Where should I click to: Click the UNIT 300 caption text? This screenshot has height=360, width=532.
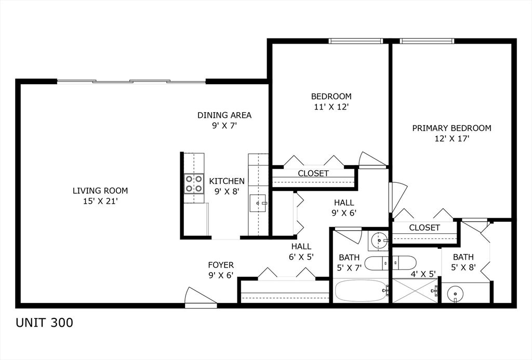coord(45,323)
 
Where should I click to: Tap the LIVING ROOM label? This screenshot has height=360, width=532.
coord(100,191)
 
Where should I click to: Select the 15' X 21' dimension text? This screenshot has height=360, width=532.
coord(100,201)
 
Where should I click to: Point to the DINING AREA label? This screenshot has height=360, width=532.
coord(224,115)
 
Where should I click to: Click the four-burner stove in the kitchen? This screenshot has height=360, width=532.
coord(194,183)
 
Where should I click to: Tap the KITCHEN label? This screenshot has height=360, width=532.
coord(227,181)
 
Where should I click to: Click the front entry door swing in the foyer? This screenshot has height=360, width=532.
coord(201,298)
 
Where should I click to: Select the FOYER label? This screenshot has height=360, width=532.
coord(221,265)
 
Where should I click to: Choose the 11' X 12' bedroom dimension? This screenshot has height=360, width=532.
coord(331,107)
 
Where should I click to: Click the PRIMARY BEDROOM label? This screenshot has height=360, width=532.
coord(451,128)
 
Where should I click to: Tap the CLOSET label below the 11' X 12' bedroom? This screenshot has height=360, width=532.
coord(313,174)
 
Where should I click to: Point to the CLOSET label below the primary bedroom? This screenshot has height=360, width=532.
coord(424,228)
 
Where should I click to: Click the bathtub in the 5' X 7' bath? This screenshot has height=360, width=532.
coord(362,291)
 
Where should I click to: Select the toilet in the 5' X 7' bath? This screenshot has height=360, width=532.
coord(390,263)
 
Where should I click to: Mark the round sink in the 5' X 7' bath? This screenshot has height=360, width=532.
coord(378,241)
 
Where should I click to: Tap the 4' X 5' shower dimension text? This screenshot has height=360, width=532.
coord(423,274)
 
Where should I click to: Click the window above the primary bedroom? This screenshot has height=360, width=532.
coord(427,41)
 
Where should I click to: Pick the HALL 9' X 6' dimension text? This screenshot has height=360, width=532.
coord(344,214)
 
